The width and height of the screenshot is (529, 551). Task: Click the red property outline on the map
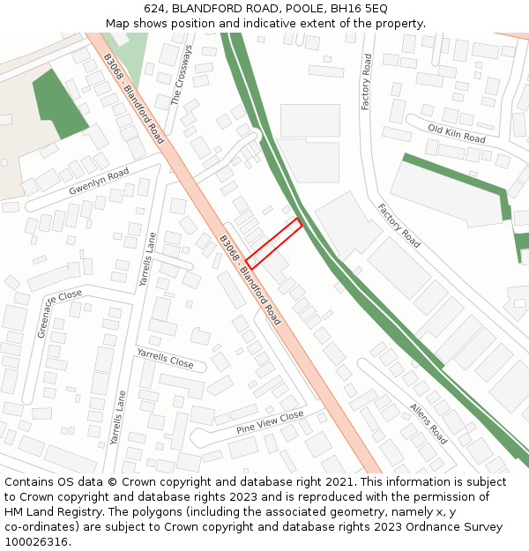tap(274, 244)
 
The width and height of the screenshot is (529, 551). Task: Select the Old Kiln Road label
tap(456, 134)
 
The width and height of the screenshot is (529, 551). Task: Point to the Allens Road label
tap(428, 423)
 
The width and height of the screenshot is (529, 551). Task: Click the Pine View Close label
tap(269, 422)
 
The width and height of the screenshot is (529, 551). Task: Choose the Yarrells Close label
tap(165, 358)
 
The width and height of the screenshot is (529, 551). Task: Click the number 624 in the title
tap(155, 9)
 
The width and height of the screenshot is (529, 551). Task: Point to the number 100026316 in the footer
tap(36, 542)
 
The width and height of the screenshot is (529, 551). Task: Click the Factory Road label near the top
tap(367, 82)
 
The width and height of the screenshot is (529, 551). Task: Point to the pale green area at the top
tap(133, 54)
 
